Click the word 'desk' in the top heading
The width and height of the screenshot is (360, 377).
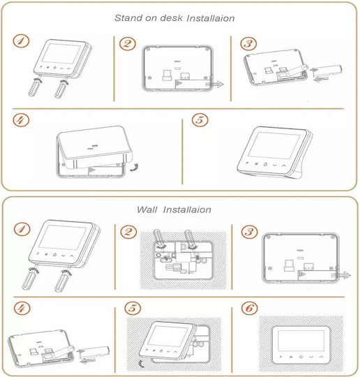171,17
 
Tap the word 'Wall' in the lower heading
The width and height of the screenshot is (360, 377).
147,209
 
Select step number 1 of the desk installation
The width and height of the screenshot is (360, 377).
21,41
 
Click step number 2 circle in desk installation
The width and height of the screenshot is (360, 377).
128,44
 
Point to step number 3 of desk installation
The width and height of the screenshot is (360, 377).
248,44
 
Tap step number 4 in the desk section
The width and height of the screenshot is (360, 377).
21,120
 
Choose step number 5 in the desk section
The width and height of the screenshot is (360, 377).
200,120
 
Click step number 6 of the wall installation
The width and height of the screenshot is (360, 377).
250,308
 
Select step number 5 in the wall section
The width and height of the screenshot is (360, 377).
133,308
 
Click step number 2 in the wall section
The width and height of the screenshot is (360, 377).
128,232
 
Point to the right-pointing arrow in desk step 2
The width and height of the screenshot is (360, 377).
215,84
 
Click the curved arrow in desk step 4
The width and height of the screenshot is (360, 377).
135,168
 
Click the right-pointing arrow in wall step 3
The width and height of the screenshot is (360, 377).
341,275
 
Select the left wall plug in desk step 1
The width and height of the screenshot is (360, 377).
35,87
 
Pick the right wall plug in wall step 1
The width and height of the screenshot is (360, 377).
62,281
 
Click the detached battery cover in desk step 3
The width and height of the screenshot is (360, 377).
327,72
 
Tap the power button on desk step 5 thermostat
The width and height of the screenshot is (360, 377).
265,165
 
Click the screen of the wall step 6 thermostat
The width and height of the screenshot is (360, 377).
301,341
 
